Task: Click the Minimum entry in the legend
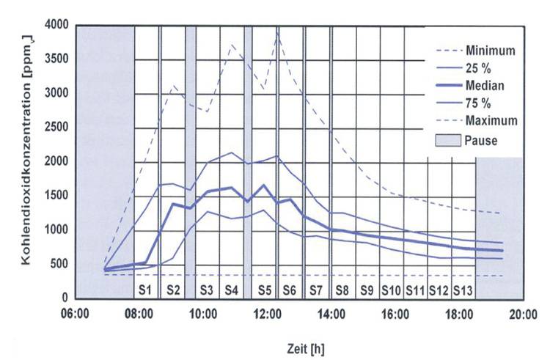pos(491,51)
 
